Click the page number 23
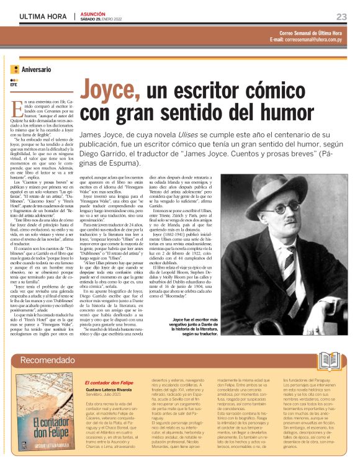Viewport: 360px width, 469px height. tap(341, 16)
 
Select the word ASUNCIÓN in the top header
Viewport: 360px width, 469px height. tap(94, 12)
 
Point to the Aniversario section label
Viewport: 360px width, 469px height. tap(36, 70)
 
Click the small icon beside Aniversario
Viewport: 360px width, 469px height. tap(15, 69)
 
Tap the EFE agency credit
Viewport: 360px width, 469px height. tap(14, 85)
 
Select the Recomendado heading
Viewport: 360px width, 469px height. tap(46, 360)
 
